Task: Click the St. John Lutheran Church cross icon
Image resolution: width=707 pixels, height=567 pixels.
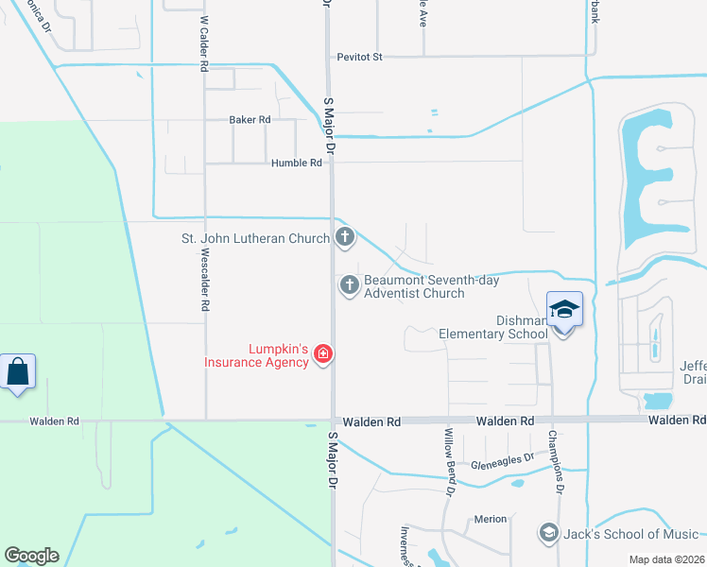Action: pyautogui.click(x=346, y=237)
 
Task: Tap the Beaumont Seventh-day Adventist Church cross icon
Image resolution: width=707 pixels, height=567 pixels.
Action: pyautogui.click(x=350, y=283)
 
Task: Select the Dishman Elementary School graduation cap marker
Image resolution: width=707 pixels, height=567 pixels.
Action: pyautogui.click(x=564, y=310)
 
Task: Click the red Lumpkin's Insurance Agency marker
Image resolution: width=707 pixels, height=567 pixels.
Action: pyautogui.click(x=323, y=354)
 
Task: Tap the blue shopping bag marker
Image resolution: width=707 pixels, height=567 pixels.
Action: pyautogui.click(x=18, y=371)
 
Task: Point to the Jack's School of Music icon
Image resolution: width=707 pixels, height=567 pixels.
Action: pyautogui.click(x=548, y=533)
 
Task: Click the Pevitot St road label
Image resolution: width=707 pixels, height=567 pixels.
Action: pyautogui.click(x=360, y=57)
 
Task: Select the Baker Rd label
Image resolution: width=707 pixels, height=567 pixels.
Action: pyautogui.click(x=250, y=120)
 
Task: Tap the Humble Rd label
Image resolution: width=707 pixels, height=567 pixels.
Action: pyautogui.click(x=297, y=163)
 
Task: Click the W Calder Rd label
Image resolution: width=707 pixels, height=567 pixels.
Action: pyautogui.click(x=203, y=44)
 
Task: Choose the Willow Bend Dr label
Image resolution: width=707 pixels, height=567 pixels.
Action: pyautogui.click(x=451, y=461)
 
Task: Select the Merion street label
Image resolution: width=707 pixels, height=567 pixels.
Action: pyautogui.click(x=491, y=519)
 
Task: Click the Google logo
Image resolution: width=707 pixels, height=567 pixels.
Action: pyautogui.click(x=32, y=556)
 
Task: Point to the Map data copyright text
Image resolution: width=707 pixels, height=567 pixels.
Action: pyautogui.click(x=666, y=559)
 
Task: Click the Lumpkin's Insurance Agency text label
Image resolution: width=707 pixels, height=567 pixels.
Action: pyautogui.click(x=258, y=355)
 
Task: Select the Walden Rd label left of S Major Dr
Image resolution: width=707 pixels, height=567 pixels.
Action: pyautogui.click(x=54, y=421)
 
